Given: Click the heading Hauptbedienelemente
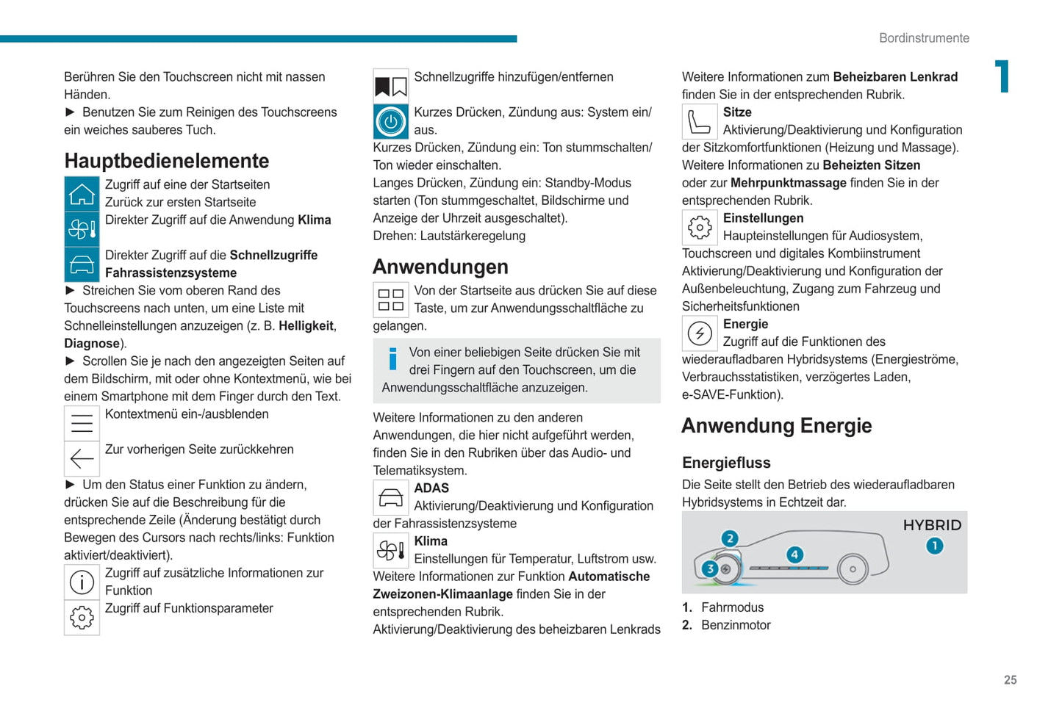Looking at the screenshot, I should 167,161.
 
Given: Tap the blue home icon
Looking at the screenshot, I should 82,195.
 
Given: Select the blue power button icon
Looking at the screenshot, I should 391,122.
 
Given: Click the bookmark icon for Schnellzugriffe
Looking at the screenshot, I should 391,87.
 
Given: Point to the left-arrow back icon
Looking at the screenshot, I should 82,459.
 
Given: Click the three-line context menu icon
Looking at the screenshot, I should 82,424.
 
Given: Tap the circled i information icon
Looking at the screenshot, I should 82,582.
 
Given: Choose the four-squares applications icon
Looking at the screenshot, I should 391,300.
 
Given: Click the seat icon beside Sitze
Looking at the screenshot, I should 700,122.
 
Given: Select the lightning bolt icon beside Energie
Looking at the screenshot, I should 700,333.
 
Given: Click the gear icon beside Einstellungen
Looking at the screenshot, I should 700,228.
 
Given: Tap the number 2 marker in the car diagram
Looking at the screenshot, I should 729,538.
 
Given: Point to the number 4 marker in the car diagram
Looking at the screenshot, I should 794,555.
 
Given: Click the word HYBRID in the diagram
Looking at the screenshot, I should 932,525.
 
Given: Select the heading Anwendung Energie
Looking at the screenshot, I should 777,426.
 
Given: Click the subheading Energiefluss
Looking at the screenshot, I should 726,463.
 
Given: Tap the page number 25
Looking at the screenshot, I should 1011,680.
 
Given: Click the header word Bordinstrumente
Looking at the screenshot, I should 924,38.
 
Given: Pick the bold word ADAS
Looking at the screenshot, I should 431,488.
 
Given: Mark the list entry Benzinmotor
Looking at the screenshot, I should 736,625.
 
